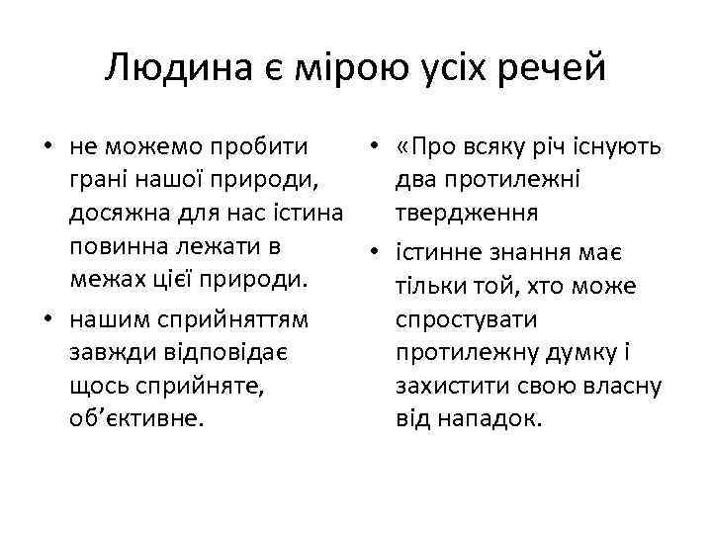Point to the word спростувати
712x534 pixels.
pos(466,321)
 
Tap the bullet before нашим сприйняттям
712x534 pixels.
pos(46,319)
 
